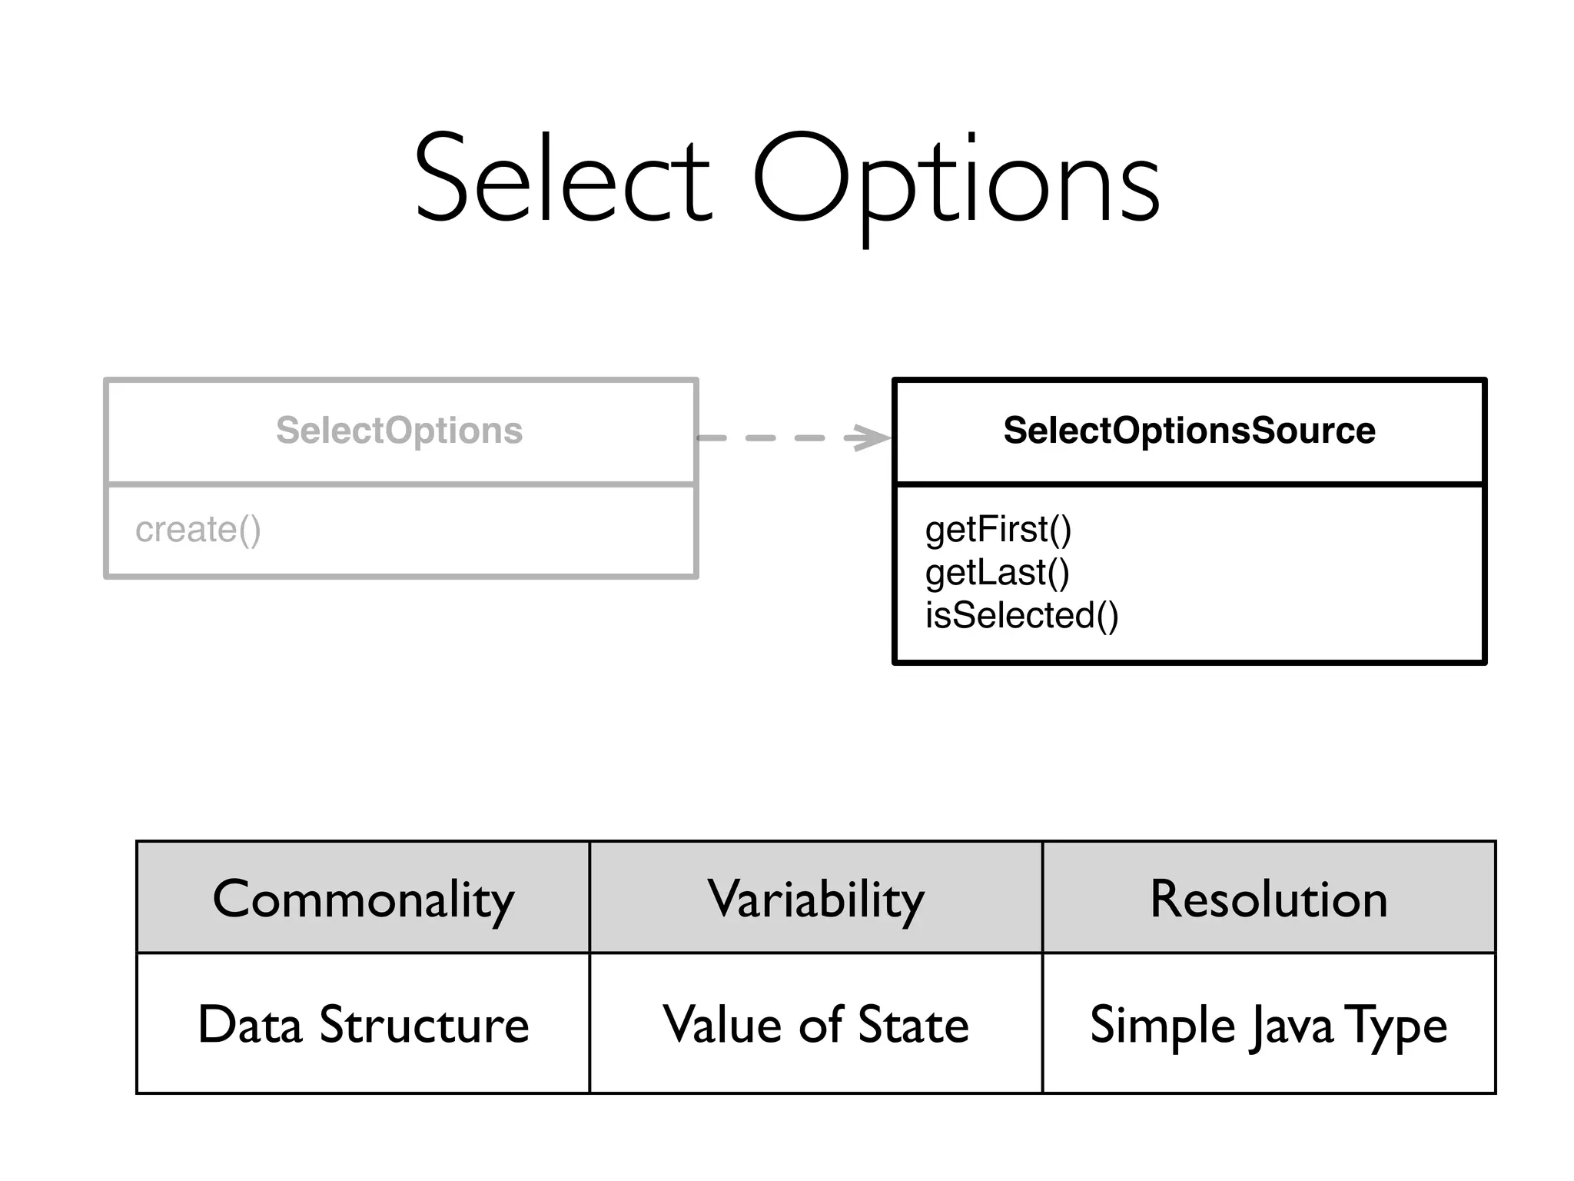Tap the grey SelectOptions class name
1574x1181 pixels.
pos(399,431)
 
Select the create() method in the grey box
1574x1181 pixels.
pos(198,530)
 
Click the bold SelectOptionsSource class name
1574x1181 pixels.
pos(1189,431)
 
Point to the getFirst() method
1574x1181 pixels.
pos(998,530)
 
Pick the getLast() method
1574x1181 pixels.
pos(997,573)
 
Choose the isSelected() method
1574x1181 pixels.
pos(1021,616)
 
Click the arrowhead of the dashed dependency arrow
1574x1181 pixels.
pos(872,438)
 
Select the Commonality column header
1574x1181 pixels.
pos(363,899)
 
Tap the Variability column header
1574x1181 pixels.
pos(815,899)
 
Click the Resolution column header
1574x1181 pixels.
pos(1268,899)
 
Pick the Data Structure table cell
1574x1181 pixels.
pos(363,1025)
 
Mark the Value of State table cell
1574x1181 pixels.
pos(815,1025)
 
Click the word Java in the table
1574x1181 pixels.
pos(1290,1026)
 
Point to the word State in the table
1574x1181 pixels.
pos(913,1025)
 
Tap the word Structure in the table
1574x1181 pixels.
pos(424,1025)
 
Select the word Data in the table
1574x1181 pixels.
pos(250,1025)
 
